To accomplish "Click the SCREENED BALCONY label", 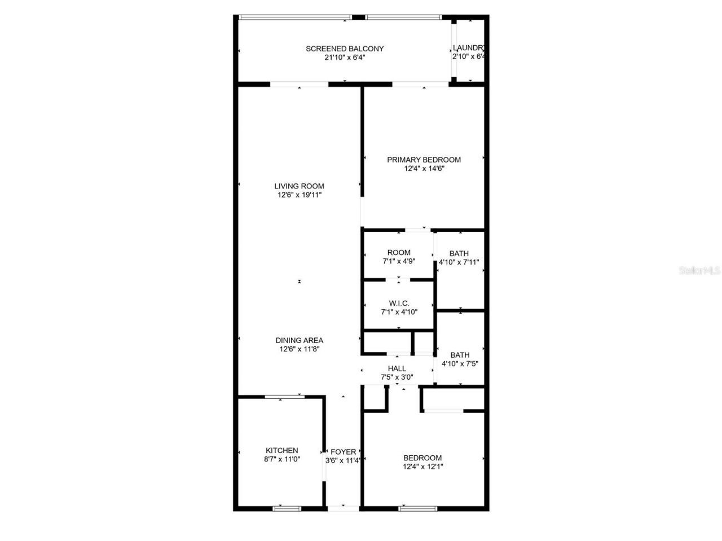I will pos(345,49).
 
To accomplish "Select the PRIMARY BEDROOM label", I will pos(424,160).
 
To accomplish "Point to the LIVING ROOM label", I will pos(299,186).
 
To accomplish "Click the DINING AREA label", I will pos(299,340).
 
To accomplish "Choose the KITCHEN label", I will pos(281,450).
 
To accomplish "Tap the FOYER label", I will pos(343,452).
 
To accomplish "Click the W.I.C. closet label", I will pos(399,303).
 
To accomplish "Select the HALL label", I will pos(397,368).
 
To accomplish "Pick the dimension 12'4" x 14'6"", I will pos(424,168).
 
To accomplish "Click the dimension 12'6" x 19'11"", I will pos(299,195).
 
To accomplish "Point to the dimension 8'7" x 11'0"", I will pos(281,459).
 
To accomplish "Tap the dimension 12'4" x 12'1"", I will pos(422,467).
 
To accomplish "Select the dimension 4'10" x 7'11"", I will pos(459,262).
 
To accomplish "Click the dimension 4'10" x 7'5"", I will pos(460,364).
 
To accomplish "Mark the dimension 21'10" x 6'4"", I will pos(345,58).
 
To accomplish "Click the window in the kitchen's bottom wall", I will pos(288,508).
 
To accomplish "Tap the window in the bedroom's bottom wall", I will pos(417,508).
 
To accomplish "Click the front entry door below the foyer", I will pos(343,508).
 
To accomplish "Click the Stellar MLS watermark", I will pos(699,271).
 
